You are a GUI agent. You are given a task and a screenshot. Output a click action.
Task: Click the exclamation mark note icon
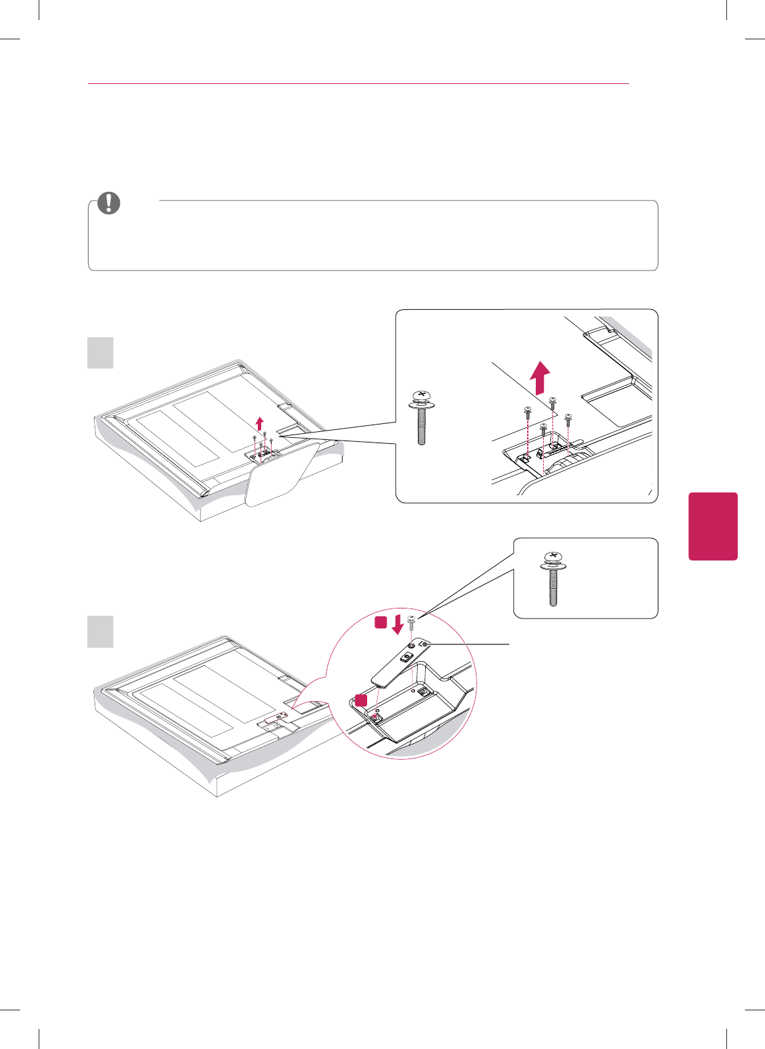pos(109,203)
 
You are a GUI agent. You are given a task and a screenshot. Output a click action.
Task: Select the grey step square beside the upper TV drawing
pos(101,353)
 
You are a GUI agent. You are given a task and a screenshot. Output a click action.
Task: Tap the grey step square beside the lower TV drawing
pos(101,631)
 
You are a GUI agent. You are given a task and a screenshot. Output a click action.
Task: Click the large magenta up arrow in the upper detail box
pos(540,378)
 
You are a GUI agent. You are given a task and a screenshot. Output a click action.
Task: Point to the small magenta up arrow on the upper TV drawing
pos(260,423)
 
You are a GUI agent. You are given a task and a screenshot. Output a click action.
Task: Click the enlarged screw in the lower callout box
pos(553,578)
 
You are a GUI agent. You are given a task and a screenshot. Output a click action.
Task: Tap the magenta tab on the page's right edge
pos(713,526)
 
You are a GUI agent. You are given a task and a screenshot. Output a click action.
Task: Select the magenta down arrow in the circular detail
pos(398,624)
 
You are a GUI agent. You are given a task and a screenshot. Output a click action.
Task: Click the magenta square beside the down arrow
pos(381,622)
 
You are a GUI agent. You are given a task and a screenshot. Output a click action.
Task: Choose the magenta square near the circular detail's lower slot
pos(361,699)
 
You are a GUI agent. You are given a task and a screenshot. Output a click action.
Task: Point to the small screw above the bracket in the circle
pos(412,621)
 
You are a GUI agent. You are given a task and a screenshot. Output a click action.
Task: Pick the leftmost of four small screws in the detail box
pos(527,411)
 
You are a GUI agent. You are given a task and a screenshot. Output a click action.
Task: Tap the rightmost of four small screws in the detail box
pos(568,419)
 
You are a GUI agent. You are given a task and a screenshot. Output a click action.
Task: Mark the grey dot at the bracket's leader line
pos(425,644)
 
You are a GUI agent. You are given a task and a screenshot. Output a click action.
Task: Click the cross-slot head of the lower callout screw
pos(553,556)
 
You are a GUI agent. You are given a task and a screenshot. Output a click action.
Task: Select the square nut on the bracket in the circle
pos(405,656)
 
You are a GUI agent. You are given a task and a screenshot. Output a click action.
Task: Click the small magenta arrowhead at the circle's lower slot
pos(377,709)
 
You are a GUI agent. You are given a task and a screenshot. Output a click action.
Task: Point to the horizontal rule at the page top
pos(359,84)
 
